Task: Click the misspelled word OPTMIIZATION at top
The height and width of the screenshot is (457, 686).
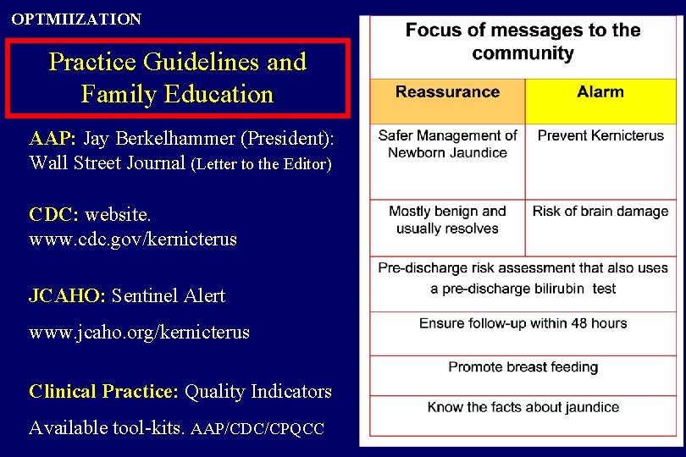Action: [76, 19]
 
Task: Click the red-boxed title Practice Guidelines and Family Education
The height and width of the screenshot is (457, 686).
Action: [177, 78]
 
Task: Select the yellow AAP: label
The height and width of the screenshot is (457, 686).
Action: [53, 139]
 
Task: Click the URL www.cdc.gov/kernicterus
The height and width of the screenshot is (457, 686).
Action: [133, 240]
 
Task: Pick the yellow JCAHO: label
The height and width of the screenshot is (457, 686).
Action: [68, 295]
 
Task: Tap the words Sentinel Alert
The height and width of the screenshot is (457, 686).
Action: [169, 295]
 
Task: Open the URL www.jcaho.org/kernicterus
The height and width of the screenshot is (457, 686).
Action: [139, 332]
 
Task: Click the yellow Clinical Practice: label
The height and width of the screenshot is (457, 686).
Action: [103, 391]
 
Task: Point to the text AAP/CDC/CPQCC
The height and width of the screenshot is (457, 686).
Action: [257, 429]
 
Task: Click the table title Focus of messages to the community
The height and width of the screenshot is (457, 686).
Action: [523, 41]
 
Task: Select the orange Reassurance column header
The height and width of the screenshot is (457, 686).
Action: [447, 91]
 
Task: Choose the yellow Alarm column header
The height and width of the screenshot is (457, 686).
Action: [600, 91]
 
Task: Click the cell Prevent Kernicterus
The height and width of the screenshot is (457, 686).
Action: [600, 135]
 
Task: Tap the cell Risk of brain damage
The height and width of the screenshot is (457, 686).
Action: [600, 212]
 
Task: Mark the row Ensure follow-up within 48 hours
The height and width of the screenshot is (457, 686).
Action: [523, 323]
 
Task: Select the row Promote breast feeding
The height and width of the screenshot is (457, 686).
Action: [523, 366]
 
